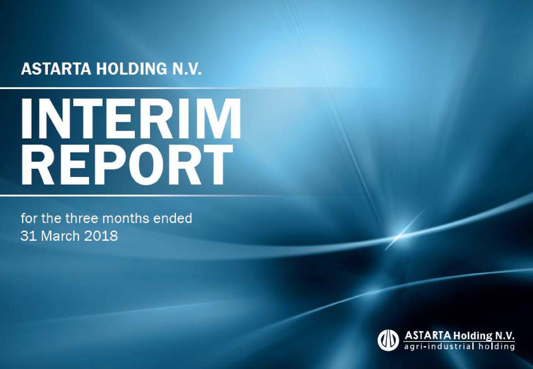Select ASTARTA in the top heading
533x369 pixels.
(x=57, y=68)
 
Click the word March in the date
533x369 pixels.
(x=57, y=236)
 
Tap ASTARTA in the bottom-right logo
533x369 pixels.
(x=428, y=336)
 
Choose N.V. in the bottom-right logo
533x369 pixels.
(x=505, y=336)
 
